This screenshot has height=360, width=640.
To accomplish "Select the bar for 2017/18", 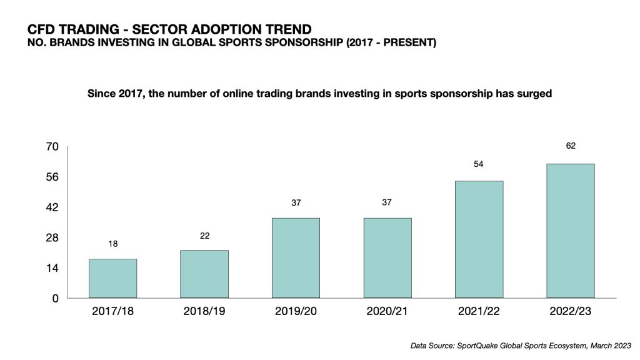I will tap(112, 278).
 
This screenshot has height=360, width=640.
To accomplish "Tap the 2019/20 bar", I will tap(296, 257).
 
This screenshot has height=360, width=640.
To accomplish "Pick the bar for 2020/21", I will tap(387, 257).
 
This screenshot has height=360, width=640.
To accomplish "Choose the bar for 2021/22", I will tap(479, 239).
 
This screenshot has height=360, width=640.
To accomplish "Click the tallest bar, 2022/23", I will tap(570, 231).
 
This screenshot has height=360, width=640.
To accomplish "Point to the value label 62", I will tap(570, 146).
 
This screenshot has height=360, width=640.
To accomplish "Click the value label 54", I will tap(479, 163).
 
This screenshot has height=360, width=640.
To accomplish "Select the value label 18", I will tap(112, 243).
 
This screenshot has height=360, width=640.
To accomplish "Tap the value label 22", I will tap(204, 235).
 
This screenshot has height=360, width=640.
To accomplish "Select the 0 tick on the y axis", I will tap(54, 298).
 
